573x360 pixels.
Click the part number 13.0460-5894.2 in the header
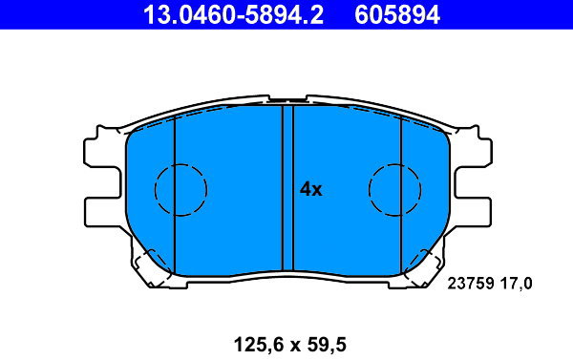coord(233,14)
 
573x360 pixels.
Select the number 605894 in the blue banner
coord(397,14)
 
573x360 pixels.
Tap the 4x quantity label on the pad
coord(311,189)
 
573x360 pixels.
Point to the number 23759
coord(471,284)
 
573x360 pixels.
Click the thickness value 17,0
coord(516,284)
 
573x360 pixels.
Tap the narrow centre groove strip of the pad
coord(288,188)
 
